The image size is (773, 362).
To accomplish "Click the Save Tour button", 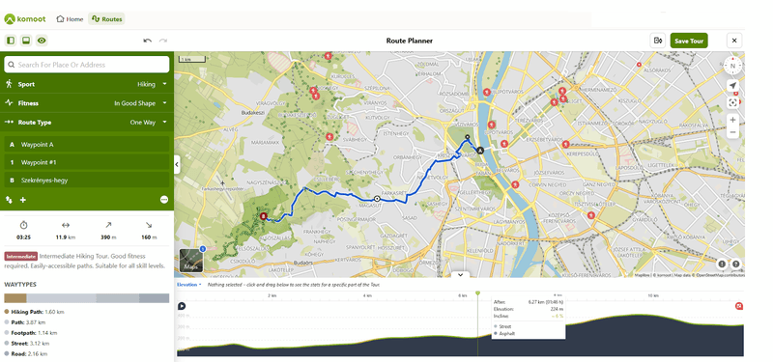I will pyautogui.click(x=689, y=41).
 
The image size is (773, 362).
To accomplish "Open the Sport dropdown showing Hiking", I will pyautogui.click(x=152, y=84).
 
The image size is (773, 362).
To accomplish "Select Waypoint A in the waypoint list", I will pyautogui.click(x=39, y=144).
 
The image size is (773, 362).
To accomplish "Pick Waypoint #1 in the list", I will pyautogui.click(x=40, y=162).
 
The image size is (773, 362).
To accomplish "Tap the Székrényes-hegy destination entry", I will pyautogui.click(x=44, y=181).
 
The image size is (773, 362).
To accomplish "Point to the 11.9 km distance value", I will pyautogui.click(x=65, y=237).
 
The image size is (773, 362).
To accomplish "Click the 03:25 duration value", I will pyautogui.click(x=23, y=237).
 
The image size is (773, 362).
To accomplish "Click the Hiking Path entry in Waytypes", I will pyautogui.click(x=38, y=312).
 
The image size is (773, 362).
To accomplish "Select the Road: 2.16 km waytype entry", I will pyautogui.click(x=34, y=354).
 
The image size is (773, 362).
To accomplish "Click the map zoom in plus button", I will pyautogui.click(x=732, y=120).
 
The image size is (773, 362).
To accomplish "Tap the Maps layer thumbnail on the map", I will pyautogui.click(x=191, y=261).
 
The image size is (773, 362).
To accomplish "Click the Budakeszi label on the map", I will pyautogui.click(x=252, y=112).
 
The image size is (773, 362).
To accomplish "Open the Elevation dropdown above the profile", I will pyautogui.click(x=188, y=285).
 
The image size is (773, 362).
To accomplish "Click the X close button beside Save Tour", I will pyautogui.click(x=733, y=41).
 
